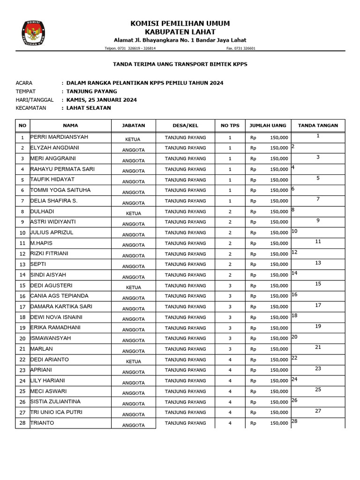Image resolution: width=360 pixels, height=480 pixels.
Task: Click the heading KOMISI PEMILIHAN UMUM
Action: click(180, 23)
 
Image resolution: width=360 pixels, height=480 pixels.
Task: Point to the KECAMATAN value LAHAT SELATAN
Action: click(89, 108)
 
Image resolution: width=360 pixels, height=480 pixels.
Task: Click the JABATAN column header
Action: click(134, 126)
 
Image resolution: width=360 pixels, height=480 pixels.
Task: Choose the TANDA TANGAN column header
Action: click(318, 126)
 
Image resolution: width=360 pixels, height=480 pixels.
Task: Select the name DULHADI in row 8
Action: click(42, 211)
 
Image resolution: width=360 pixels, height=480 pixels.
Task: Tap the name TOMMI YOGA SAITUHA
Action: click(60, 190)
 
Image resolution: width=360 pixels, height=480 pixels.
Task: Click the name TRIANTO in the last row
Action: click(42, 423)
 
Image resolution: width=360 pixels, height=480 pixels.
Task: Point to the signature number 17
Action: click(318, 305)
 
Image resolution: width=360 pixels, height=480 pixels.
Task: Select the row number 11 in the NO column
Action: click(22, 243)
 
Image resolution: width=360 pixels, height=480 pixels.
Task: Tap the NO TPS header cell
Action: click(230, 126)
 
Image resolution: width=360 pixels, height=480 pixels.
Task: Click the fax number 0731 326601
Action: click(241, 48)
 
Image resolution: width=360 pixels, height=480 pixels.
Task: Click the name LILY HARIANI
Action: click(48, 381)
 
